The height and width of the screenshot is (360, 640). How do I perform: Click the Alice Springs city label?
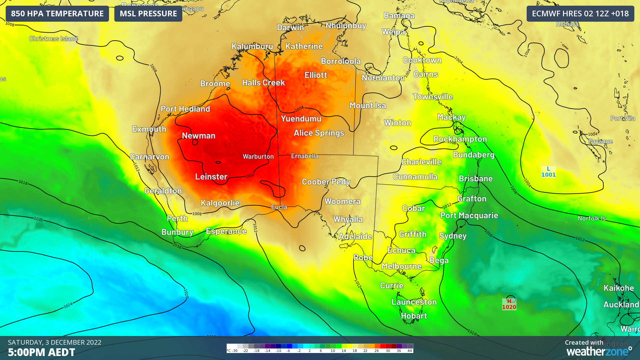pyautogui.click(x=319, y=133)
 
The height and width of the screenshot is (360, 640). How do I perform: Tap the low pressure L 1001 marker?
pyautogui.click(x=548, y=172)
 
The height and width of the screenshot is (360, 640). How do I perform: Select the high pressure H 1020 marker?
pyautogui.click(x=509, y=304)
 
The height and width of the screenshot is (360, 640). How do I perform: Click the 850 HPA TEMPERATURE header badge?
pyautogui.click(x=57, y=14)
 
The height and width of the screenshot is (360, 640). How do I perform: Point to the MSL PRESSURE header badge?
pyautogui.click(x=148, y=14)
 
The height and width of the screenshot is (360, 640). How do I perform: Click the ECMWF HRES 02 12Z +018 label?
pyautogui.click(x=580, y=14)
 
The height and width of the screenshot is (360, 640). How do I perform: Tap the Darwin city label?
pyautogui.click(x=290, y=28)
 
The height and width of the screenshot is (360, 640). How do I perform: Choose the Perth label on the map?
pyautogui.click(x=177, y=219)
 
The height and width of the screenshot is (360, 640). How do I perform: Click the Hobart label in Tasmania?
pyautogui.click(x=414, y=316)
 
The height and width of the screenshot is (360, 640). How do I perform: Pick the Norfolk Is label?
pyautogui.click(x=591, y=219)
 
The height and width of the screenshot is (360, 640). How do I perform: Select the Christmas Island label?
pyautogui.click(x=53, y=39)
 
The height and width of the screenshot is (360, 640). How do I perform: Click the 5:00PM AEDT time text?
pyautogui.click(x=42, y=352)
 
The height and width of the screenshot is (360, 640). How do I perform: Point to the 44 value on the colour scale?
pyautogui.click(x=409, y=351)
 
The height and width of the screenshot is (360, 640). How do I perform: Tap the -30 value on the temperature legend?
pyautogui.click(x=234, y=351)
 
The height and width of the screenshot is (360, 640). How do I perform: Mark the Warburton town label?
pyautogui.click(x=258, y=157)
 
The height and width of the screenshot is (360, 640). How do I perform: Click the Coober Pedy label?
pyautogui.click(x=326, y=182)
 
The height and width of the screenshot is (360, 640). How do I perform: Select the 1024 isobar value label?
pyautogui.click(x=68, y=305)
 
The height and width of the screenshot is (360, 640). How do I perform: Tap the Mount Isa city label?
pyautogui.click(x=368, y=106)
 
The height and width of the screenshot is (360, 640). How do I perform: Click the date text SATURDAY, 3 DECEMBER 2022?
pyautogui.click(x=55, y=342)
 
